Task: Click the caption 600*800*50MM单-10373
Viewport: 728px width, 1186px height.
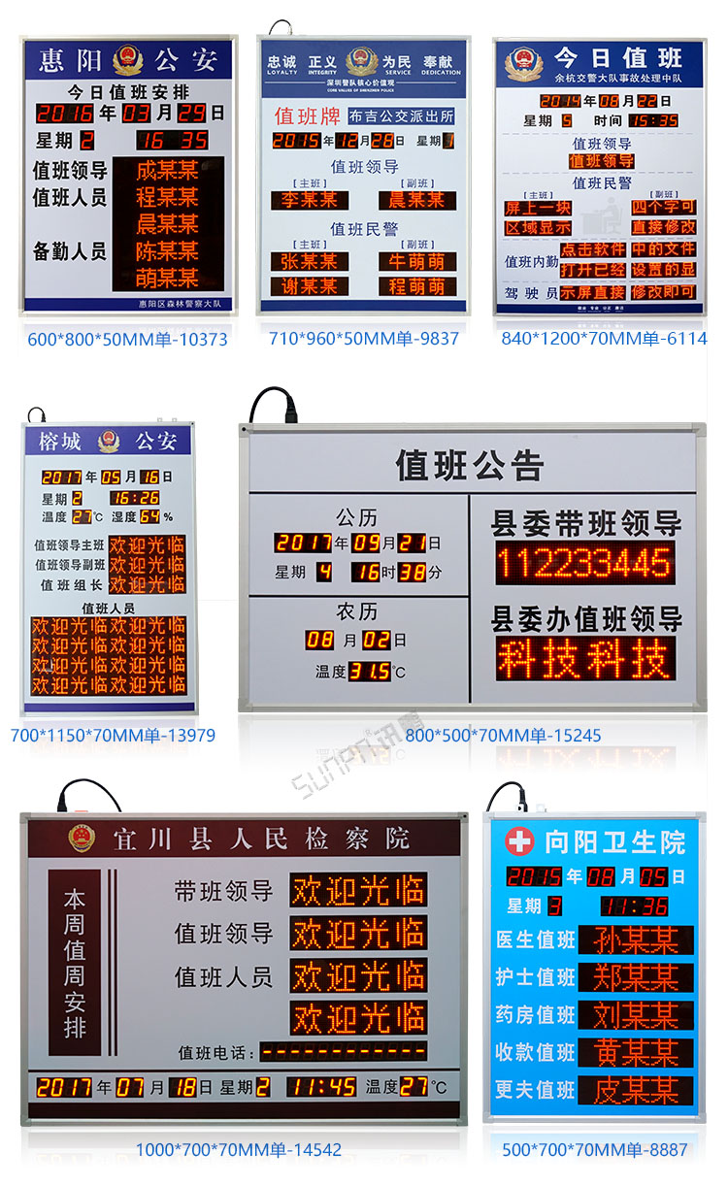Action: click(x=127, y=339)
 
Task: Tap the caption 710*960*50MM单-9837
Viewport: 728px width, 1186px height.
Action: click(x=363, y=339)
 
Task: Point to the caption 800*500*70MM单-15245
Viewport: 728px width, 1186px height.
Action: click(x=503, y=735)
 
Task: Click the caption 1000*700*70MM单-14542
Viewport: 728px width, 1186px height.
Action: click(x=238, y=1150)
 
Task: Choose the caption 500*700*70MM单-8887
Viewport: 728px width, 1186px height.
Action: click(x=594, y=1150)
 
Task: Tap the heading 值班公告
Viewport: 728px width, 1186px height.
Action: click(x=469, y=466)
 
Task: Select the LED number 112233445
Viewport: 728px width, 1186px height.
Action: click(x=584, y=563)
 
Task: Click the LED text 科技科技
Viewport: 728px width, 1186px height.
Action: click(x=584, y=658)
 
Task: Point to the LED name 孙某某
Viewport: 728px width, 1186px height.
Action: click(x=636, y=939)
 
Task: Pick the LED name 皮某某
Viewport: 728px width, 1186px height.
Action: click(x=636, y=1089)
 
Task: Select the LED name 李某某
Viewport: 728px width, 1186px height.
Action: click(x=310, y=200)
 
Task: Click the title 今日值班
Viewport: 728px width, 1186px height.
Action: click(x=617, y=56)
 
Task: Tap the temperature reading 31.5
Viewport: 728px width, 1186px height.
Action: click(x=370, y=671)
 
